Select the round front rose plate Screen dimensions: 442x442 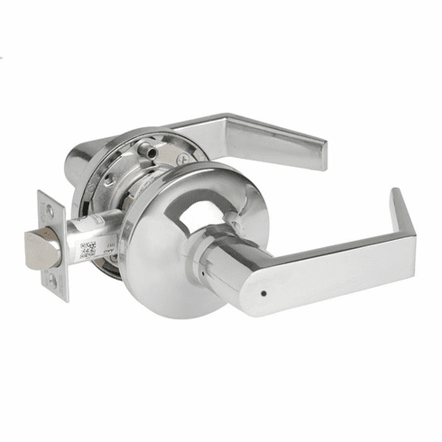(x=162, y=271)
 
